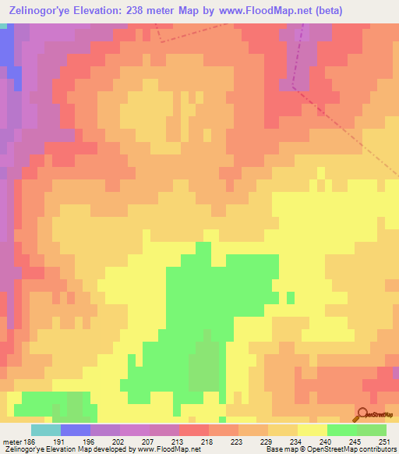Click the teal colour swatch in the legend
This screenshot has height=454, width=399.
coord(46,430)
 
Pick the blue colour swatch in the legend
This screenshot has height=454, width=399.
coord(76,430)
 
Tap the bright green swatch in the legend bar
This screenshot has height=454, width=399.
coord(342,430)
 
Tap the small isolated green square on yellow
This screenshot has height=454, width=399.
coord(291,297)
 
